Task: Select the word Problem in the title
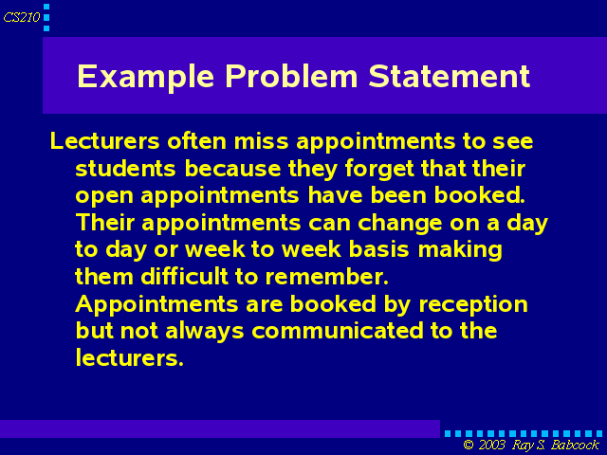(x=291, y=76)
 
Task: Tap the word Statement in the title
(x=449, y=76)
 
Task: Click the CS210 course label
(x=21, y=17)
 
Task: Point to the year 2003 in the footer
(x=491, y=445)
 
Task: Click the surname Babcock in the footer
(x=575, y=445)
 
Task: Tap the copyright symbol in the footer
(x=469, y=445)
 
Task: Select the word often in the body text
(x=196, y=141)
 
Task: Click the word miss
(x=262, y=141)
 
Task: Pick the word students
(x=125, y=169)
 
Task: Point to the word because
(x=232, y=169)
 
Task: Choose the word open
(x=103, y=196)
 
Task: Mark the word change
(x=399, y=224)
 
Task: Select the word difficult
(x=184, y=277)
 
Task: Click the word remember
(x=326, y=277)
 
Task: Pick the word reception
(x=473, y=305)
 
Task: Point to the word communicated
(x=338, y=331)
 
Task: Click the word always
(x=205, y=332)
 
